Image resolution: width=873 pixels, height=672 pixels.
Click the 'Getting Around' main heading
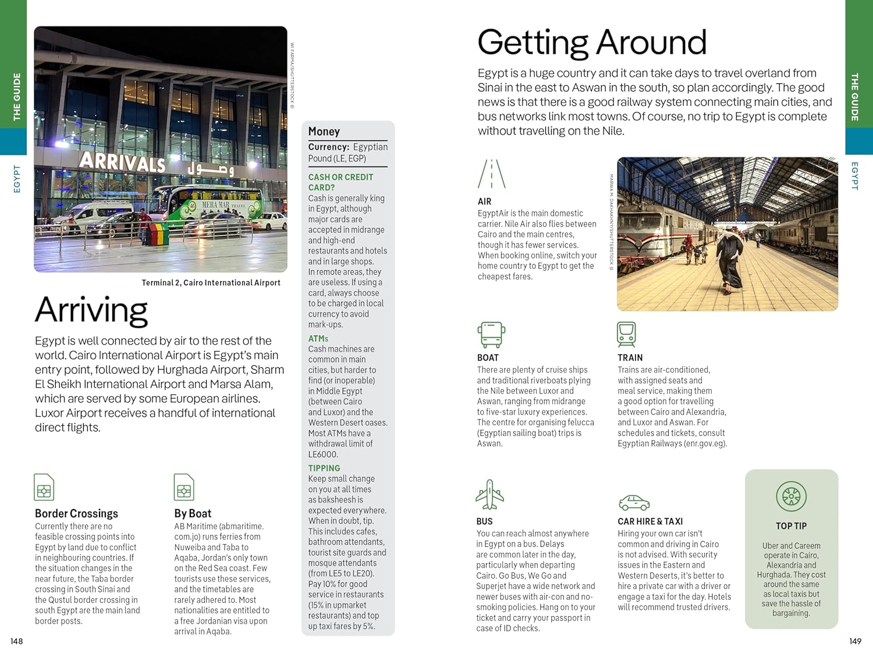(592, 43)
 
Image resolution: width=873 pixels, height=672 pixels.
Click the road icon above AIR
(491, 174)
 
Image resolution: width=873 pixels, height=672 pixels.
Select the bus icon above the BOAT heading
(491, 335)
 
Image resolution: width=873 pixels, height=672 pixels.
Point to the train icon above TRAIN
(626, 334)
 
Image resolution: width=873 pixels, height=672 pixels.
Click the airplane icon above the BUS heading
(489, 494)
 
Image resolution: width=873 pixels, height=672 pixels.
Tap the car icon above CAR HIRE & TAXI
(633, 503)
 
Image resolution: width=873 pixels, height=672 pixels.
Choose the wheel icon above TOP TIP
(791, 497)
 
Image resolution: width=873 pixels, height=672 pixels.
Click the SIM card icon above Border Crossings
(44, 487)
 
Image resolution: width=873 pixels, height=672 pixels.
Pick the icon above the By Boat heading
(184, 487)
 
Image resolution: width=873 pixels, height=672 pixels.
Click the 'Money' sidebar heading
(324, 132)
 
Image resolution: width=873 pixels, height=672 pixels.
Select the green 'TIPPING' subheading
(324, 468)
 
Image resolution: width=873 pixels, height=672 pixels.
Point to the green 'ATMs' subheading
(318, 338)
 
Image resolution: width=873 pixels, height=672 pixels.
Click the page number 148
(16, 641)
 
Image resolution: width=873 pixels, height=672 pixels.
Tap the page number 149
(855, 641)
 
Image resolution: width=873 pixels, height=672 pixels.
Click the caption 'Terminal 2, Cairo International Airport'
(211, 283)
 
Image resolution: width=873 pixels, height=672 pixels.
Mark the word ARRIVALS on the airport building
(122, 161)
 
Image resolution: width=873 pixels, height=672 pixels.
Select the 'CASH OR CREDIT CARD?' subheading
(340, 182)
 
